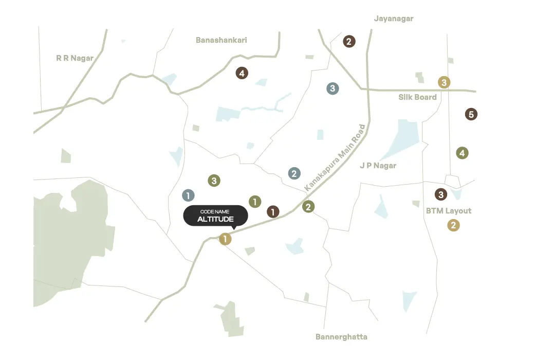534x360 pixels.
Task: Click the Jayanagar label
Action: [x=394, y=19]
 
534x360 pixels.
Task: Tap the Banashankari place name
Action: [x=222, y=40]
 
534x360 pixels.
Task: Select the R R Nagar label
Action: [x=75, y=58]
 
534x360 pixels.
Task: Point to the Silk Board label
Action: [x=417, y=97]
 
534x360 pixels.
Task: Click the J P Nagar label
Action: [x=378, y=166]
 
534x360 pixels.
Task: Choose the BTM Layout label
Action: [x=448, y=211]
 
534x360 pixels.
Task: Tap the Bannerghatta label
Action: [x=341, y=337]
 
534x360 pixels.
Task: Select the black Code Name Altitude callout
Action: [x=215, y=215]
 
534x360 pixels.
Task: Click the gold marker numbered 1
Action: [x=225, y=239]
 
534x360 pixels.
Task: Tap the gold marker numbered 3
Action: [x=444, y=82]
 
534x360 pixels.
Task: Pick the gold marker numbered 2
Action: [x=453, y=225]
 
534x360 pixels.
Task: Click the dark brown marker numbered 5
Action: [x=471, y=114]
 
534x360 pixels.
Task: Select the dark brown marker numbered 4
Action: [x=242, y=73]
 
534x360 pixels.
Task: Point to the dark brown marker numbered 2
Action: [x=349, y=42]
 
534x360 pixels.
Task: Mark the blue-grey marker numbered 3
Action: [x=333, y=88]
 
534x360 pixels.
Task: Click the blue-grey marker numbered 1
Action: [x=189, y=195]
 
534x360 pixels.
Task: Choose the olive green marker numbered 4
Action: [x=462, y=153]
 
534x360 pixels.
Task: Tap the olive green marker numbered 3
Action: [x=214, y=181]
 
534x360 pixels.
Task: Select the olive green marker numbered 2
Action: [x=308, y=207]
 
